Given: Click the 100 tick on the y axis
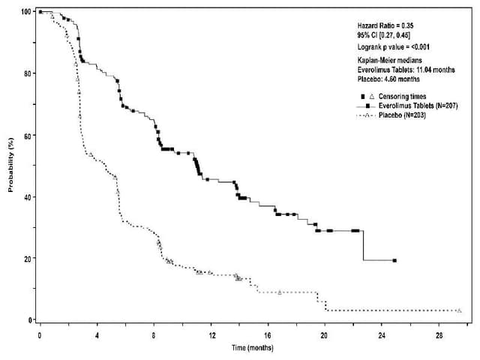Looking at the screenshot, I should [x=26, y=12].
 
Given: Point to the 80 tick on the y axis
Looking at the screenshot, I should [x=27, y=73].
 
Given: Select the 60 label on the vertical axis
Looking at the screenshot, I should [x=27, y=135].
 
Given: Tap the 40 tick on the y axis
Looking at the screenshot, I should [x=27, y=196].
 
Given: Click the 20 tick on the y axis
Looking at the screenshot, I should [x=27, y=258].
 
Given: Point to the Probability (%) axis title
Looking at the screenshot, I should [x=11, y=165].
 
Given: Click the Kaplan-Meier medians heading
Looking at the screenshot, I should [x=391, y=59].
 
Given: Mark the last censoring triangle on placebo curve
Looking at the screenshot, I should [x=459, y=310].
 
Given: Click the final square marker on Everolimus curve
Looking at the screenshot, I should [x=394, y=260].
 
